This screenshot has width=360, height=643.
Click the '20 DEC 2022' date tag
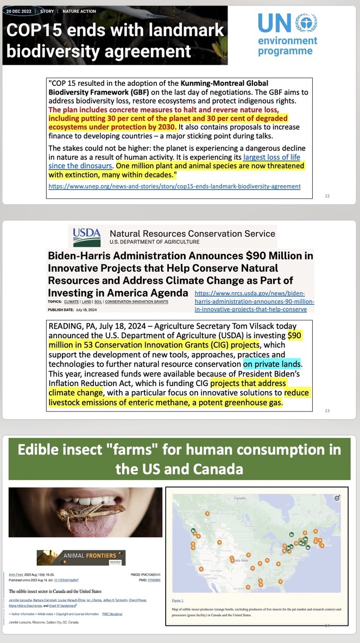click(x=20, y=11)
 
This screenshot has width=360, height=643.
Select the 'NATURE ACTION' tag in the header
click(x=80, y=11)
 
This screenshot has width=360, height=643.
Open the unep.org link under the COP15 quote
click(x=174, y=186)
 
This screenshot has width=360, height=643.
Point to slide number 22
click(x=326, y=196)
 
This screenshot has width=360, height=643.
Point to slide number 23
click(x=326, y=411)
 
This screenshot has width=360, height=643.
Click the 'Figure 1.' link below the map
click(x=178, y=601)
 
